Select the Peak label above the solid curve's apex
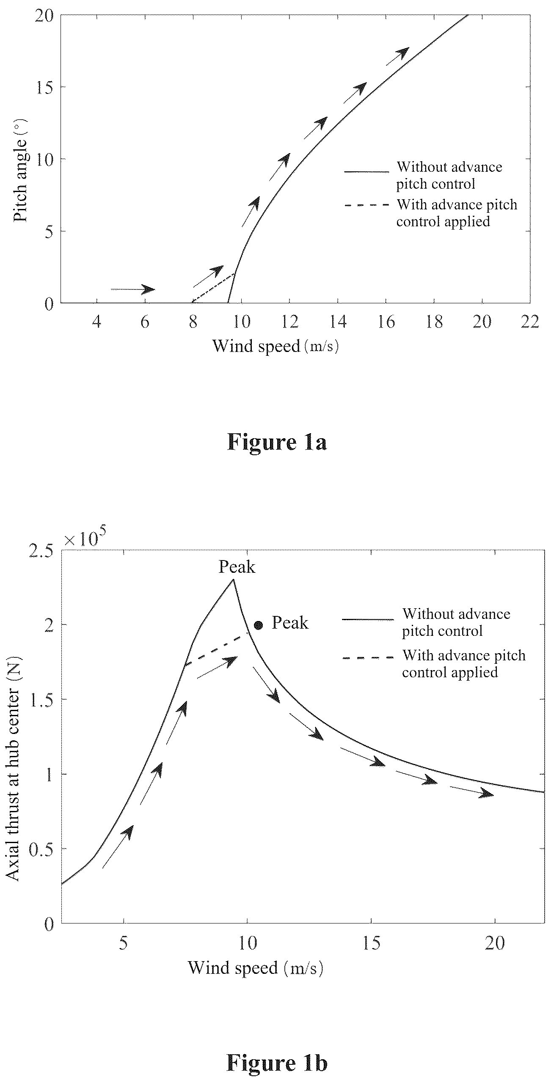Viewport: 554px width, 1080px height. pyautogui.click(x=237, y=567)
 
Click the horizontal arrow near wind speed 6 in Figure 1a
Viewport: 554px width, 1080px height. pyautogui.click(x=133, y=289)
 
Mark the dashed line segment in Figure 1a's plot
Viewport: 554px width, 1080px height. pyautogui.click(x=213, y=288)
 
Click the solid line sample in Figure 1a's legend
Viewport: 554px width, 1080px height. pyautogui.click(x=367, y=172)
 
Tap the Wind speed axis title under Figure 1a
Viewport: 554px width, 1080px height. pyautogui.click(x=276, y=346)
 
